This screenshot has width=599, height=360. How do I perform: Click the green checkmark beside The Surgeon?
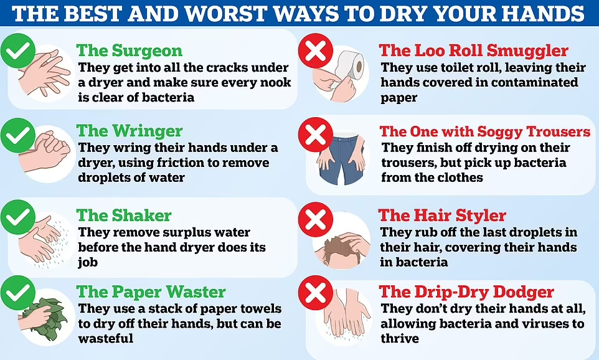tap(18, 51)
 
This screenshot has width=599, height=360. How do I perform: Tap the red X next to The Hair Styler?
tap(316, 220)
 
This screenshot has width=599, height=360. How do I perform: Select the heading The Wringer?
tap(130, 131)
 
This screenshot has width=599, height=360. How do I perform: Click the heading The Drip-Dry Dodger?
tap(466, 292)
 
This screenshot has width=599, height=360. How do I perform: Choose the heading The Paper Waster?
tap(151, 292)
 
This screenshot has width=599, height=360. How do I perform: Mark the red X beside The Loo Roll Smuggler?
tap(316, 51)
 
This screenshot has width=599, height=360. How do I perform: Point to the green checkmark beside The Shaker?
tap(18, 217)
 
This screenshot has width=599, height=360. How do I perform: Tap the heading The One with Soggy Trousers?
tap(485, 131)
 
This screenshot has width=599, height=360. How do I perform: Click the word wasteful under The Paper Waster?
tap(106, 339)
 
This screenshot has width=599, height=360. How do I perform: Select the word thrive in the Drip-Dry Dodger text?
tap(400, 339)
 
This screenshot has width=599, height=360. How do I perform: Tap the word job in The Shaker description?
tap(88, 263)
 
